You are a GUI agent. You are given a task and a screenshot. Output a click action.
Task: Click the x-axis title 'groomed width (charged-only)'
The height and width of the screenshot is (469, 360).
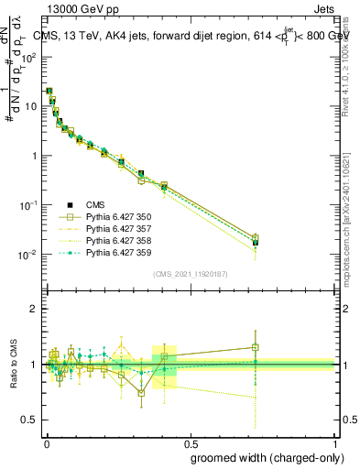[x=263, y=457]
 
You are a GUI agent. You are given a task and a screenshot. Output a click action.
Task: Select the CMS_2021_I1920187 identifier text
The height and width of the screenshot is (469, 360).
[x=190, y=273]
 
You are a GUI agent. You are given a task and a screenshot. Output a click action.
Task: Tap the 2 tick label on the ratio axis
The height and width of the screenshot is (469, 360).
[x=33, y=310]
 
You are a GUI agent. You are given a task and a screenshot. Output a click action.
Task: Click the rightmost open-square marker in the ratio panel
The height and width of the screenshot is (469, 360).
[x=256, y=347]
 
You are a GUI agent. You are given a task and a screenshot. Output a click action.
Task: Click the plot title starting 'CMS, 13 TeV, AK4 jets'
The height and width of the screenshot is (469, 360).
[x=191, y=35]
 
